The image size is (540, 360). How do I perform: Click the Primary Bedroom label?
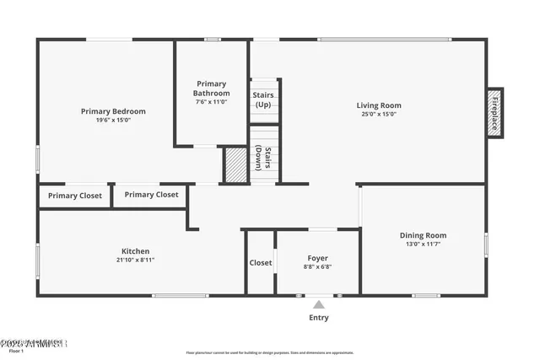(x=113, y=111)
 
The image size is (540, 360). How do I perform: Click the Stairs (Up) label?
(x=263, y=99)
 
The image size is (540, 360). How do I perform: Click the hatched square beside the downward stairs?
(x=234, y=164)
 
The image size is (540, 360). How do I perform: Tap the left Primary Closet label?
(x=75, y=196)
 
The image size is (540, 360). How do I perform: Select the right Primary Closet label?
(x=152, y=195)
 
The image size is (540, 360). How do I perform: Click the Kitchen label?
(x=136, y=251)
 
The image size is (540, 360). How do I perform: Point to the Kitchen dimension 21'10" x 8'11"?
(x=136, y=261)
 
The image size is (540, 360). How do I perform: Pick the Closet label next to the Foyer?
(x=261, y=263)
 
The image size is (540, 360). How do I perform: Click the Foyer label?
(x=318, y=258)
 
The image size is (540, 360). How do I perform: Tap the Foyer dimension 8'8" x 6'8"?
(x=318, y=267)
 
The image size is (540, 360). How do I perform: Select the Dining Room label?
(x=423, y=235)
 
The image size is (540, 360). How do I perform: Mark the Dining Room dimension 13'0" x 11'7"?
(x=423, y=244)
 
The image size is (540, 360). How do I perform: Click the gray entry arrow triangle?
(x=319, y=304)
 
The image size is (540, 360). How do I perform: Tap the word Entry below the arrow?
(x=319, y=318)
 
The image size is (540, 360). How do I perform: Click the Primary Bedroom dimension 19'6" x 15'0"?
(x=113, y=121)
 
